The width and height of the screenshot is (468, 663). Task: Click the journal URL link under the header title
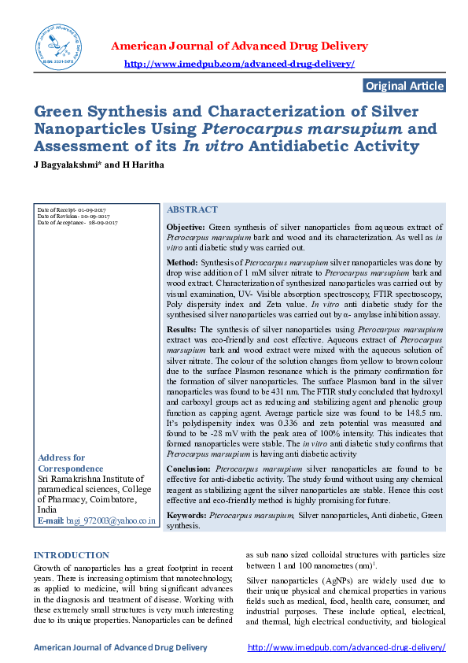240,64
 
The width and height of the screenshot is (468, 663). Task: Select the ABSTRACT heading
192,209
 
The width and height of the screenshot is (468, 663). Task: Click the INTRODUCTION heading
72,555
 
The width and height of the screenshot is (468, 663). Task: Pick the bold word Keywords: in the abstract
187,514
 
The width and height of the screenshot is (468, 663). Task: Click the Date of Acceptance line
77,223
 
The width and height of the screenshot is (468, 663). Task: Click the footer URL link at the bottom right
346,647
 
